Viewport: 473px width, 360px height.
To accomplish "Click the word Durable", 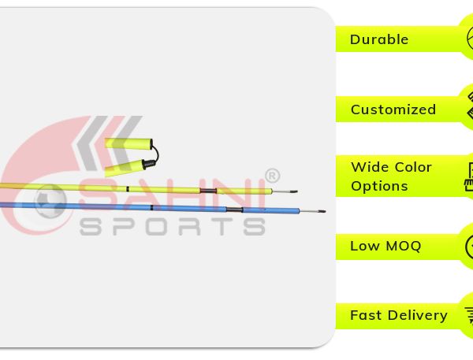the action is (x=379, y=39).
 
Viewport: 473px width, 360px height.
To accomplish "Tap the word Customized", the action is (x=393, y=109).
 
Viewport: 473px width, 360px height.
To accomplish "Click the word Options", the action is (x=379, y=186).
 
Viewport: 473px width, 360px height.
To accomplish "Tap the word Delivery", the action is (x=418, y=316).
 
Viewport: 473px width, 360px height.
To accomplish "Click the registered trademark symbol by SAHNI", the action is (x=273, y=176).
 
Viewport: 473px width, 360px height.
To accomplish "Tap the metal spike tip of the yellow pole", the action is (x=297, y=191).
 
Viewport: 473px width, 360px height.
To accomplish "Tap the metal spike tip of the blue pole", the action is (x=325, y=211).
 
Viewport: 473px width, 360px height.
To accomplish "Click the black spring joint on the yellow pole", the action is (x=208, y=191).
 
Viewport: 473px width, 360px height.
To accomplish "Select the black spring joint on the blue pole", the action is (x=234, y=210).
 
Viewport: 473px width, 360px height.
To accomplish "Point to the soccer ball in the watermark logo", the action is (x=50, y=201).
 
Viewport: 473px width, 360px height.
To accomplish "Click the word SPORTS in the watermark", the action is (x=173, y=226).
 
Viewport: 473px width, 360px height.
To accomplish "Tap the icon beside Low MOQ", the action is (x=469, y=247).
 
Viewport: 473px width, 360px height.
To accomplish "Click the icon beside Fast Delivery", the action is (x=469, y=315).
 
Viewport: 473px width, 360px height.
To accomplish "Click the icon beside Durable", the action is (x=470, y=39).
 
